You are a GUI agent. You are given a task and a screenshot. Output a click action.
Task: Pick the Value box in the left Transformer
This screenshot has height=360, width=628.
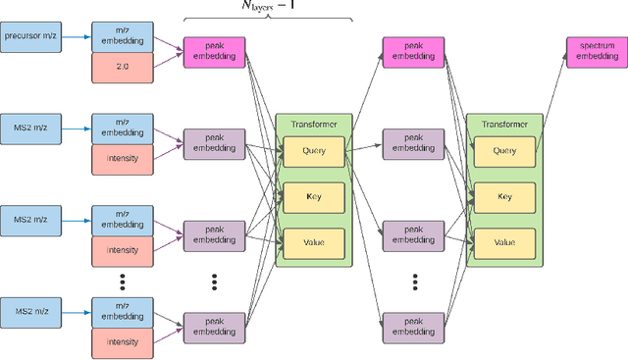312,240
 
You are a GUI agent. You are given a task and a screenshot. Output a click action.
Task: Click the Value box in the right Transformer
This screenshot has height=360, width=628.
504,240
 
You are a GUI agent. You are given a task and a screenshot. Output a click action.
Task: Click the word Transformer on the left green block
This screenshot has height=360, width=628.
312,125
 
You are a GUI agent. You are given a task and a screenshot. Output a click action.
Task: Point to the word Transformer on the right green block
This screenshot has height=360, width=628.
504,125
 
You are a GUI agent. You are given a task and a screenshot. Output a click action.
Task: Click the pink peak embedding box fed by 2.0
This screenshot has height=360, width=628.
214,53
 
